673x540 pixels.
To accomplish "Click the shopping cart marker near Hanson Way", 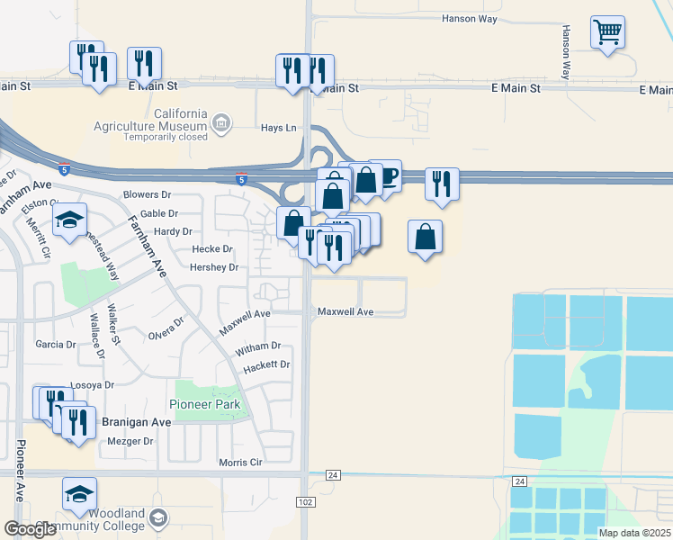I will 608,33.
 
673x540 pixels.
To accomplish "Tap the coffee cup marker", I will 387,176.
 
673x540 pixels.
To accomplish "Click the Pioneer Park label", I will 203,404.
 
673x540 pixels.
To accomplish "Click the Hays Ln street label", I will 278,128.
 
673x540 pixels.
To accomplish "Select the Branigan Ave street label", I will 135,422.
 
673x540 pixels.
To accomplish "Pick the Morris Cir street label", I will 240,463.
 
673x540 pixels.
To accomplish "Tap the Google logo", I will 30,528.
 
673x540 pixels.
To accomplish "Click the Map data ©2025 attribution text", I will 633,533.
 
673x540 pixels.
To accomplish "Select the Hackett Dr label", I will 267,364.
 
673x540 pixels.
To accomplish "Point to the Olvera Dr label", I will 166,328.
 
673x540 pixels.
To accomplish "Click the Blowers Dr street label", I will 147,194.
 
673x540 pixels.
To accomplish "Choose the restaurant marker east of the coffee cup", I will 441,184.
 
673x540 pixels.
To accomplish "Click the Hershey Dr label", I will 214,267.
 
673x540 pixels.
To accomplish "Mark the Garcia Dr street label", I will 56,345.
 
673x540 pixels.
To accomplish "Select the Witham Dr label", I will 258,346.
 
